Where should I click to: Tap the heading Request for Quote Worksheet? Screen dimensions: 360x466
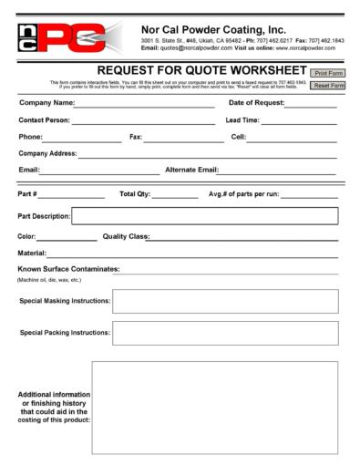click(201, 72)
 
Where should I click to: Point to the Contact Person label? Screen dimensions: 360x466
click(43, 120)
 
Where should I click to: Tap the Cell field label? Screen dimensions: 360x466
click(238, 137)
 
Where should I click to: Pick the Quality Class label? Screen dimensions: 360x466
click(123, 236)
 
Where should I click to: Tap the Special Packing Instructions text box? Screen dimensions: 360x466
click(224, 334)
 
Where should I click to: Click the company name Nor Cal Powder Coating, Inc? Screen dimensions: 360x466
click(214, 28)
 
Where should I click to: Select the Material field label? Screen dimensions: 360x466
click(32, 253)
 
